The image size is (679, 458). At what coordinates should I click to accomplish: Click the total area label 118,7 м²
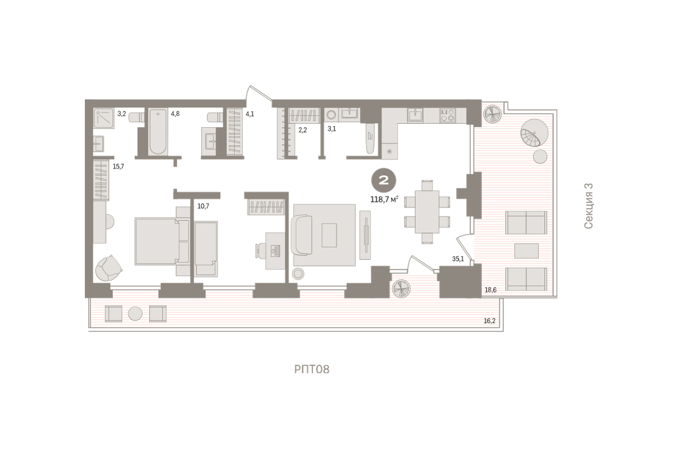pyautogui.click(x=384, y=199)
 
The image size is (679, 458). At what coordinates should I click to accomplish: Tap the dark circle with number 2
pyautogui.click(x=384, y=180)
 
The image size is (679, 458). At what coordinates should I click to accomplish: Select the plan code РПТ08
pyautogui.click(x=312, y=369)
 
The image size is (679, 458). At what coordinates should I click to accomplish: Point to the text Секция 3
pyautogui.click(x=588, y=206)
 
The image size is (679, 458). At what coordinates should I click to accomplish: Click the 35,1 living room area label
pyautogui.click(x=458, y=259)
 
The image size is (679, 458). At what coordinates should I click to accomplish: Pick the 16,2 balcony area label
pyautogui.click(x=489, y=321)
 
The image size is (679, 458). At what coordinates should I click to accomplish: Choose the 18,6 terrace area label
pyautogui.click(x=491, y=290)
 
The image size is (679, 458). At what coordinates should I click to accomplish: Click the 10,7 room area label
pyautogui.click(x=203, y=206)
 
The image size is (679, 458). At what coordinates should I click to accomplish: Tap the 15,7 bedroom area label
pyautogui.click(x=118, y=166)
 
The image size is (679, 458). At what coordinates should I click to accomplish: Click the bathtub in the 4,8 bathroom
pyautogui.click(x=158, y=132)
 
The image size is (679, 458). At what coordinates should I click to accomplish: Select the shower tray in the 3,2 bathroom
pyautogui.click(x=104, y=118)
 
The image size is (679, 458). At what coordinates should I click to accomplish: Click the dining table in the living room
pyautogui.click(x=427, y=211)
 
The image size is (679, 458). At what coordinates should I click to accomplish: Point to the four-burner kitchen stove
pyautogui.click(x=448, y=115)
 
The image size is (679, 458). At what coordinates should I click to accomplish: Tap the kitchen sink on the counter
pyautogui.click(x=415, y=115)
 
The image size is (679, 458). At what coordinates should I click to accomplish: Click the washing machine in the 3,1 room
pyautogui.click(x=332, y=115)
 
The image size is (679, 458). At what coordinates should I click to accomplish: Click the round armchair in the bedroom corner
pyautogui.click(x=108, y=268)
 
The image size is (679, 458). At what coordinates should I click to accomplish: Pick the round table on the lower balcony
pyautogui.click(x=135, y=313)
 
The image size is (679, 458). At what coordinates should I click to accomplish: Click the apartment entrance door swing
pyautogui.click(x=258, y=92)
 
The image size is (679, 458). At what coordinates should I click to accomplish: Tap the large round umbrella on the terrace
pyautogui.click(x=534, y=133)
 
